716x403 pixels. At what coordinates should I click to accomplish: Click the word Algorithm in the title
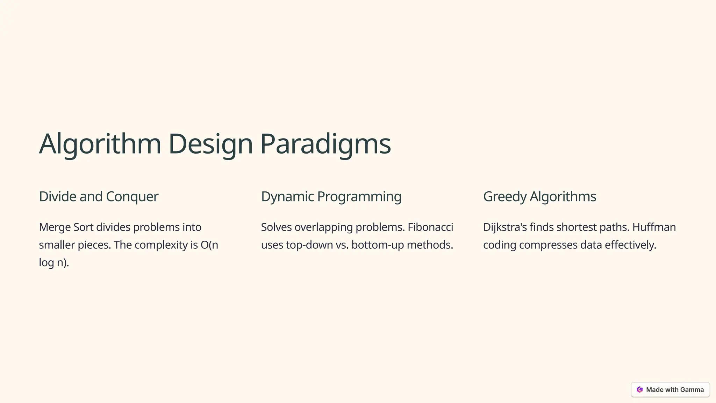point(100,144)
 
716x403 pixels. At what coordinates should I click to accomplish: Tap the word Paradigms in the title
point(325,144)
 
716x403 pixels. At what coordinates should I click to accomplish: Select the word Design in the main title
point(210,144)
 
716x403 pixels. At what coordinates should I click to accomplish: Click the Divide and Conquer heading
point(99,197)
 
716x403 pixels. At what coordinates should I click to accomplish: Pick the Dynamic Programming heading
point(331,197)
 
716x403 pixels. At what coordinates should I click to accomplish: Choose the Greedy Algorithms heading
point(539,197)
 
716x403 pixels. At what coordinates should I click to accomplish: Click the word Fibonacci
point(430,227)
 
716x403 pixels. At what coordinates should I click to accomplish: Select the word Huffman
point(654,227)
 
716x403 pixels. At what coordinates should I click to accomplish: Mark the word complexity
point(161,245)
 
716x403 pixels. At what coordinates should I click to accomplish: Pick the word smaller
point(57,245)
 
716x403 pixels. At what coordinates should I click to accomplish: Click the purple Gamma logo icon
point(640,390)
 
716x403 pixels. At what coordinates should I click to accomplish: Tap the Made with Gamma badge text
point(675,390)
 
